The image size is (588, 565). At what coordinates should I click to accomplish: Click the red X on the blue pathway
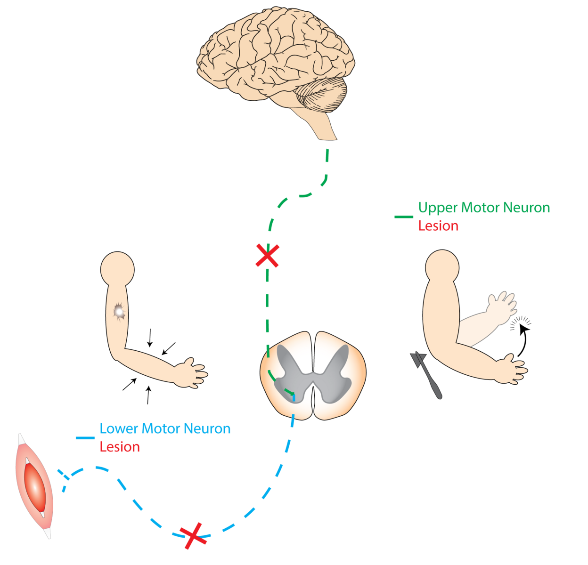pos(193,535)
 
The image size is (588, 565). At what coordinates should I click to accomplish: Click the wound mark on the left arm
pos(119,311)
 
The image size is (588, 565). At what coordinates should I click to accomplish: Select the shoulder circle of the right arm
pos(442,267)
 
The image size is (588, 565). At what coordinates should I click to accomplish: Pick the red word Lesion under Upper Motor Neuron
pos(438,226)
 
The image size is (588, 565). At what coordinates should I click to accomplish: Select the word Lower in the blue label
pos(119,429)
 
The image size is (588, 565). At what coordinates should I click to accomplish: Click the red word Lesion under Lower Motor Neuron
pos(120,447)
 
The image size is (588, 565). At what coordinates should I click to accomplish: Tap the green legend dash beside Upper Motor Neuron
pos(403,217)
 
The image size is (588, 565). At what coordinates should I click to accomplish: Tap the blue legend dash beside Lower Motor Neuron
pos(85,438)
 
